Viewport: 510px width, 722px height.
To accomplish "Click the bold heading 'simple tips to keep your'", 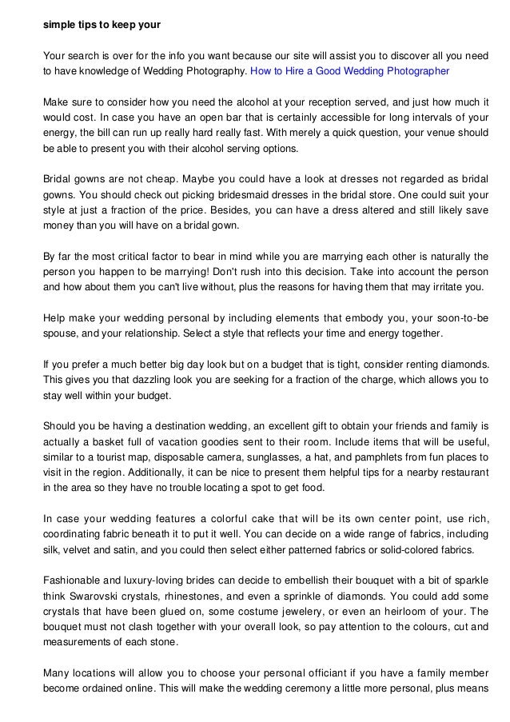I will click(x=102, y=25).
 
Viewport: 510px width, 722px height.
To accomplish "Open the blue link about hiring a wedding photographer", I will click(x=350, y=71).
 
